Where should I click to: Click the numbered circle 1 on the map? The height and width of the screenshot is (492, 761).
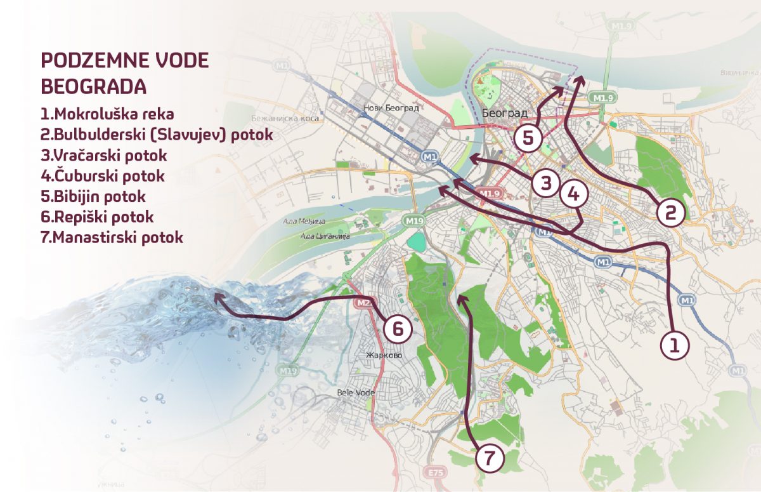coord(674,345)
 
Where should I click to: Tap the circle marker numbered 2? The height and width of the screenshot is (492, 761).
coord(671,212)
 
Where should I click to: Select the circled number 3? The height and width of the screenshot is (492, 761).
coord(545,183)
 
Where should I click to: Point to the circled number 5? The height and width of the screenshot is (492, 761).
coord(528,138)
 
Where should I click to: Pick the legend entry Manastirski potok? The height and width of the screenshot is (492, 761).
coord(112,237)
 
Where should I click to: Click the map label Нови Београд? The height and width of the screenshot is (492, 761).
coord(391,108)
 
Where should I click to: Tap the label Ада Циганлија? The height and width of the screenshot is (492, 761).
coord(325,237)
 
